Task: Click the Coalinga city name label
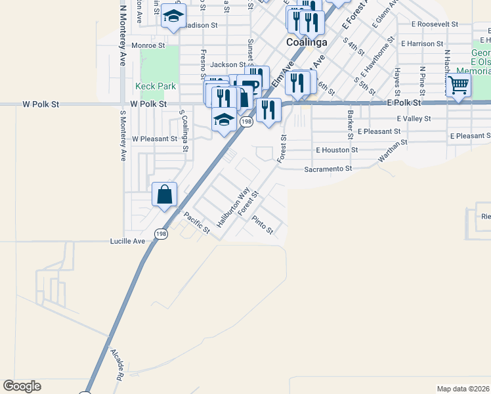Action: (x=307, y=42)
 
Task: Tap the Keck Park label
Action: (x=156, y=86)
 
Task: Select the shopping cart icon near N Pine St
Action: (x=458, y=84)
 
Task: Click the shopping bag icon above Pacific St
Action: (x=164, y=194)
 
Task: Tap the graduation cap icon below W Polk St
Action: (x=224, y=120)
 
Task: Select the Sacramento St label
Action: (x=328, y=169)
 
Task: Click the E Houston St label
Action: (x=337, y=150)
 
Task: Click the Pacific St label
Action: (x=196, y=223)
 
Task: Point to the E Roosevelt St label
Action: (x=435, y=24)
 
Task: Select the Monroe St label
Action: (x=148, y=45)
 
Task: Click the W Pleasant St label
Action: (x=154, y=139)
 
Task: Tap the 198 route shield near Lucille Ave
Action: (x=161, y=233)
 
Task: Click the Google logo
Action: (x=22, y=386)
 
